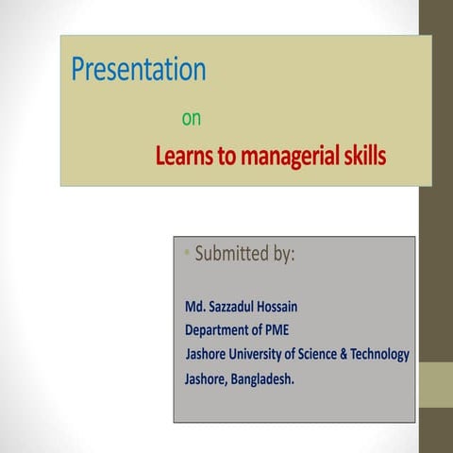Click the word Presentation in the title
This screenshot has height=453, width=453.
(139, 70)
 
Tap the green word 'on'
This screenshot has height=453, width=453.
(191, 120)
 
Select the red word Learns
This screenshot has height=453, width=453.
(186, 156)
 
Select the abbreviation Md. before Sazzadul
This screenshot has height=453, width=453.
(196, 307)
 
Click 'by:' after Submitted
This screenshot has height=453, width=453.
(283, 255)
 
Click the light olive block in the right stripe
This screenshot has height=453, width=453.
(436, 385)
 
